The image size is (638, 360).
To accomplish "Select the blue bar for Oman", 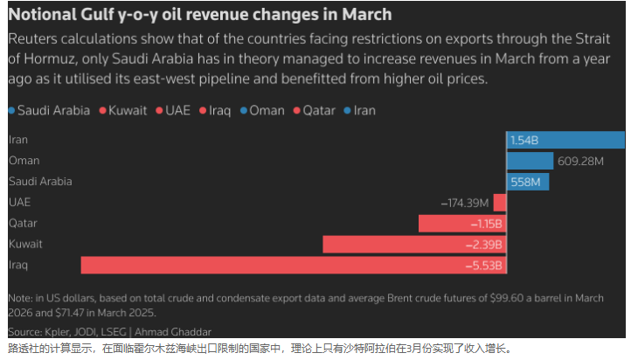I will (x=530, y=161).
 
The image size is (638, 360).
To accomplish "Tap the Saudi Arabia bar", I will (x=528, y=182).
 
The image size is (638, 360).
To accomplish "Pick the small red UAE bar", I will (x=500, y=203).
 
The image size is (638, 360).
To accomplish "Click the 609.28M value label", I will (x=580, y=161).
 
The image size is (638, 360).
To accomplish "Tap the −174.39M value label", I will (x=465, y=203).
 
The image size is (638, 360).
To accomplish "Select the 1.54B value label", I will (x=524, y=140).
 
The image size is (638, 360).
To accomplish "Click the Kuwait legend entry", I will (x=127, y=111).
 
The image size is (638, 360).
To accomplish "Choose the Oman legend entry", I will (x=268, y=111).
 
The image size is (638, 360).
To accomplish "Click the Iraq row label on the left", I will (x=17, y=266).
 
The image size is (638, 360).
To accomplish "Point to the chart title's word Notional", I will (x=45, y=16).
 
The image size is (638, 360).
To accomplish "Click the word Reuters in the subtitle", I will (x=34, y=41).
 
